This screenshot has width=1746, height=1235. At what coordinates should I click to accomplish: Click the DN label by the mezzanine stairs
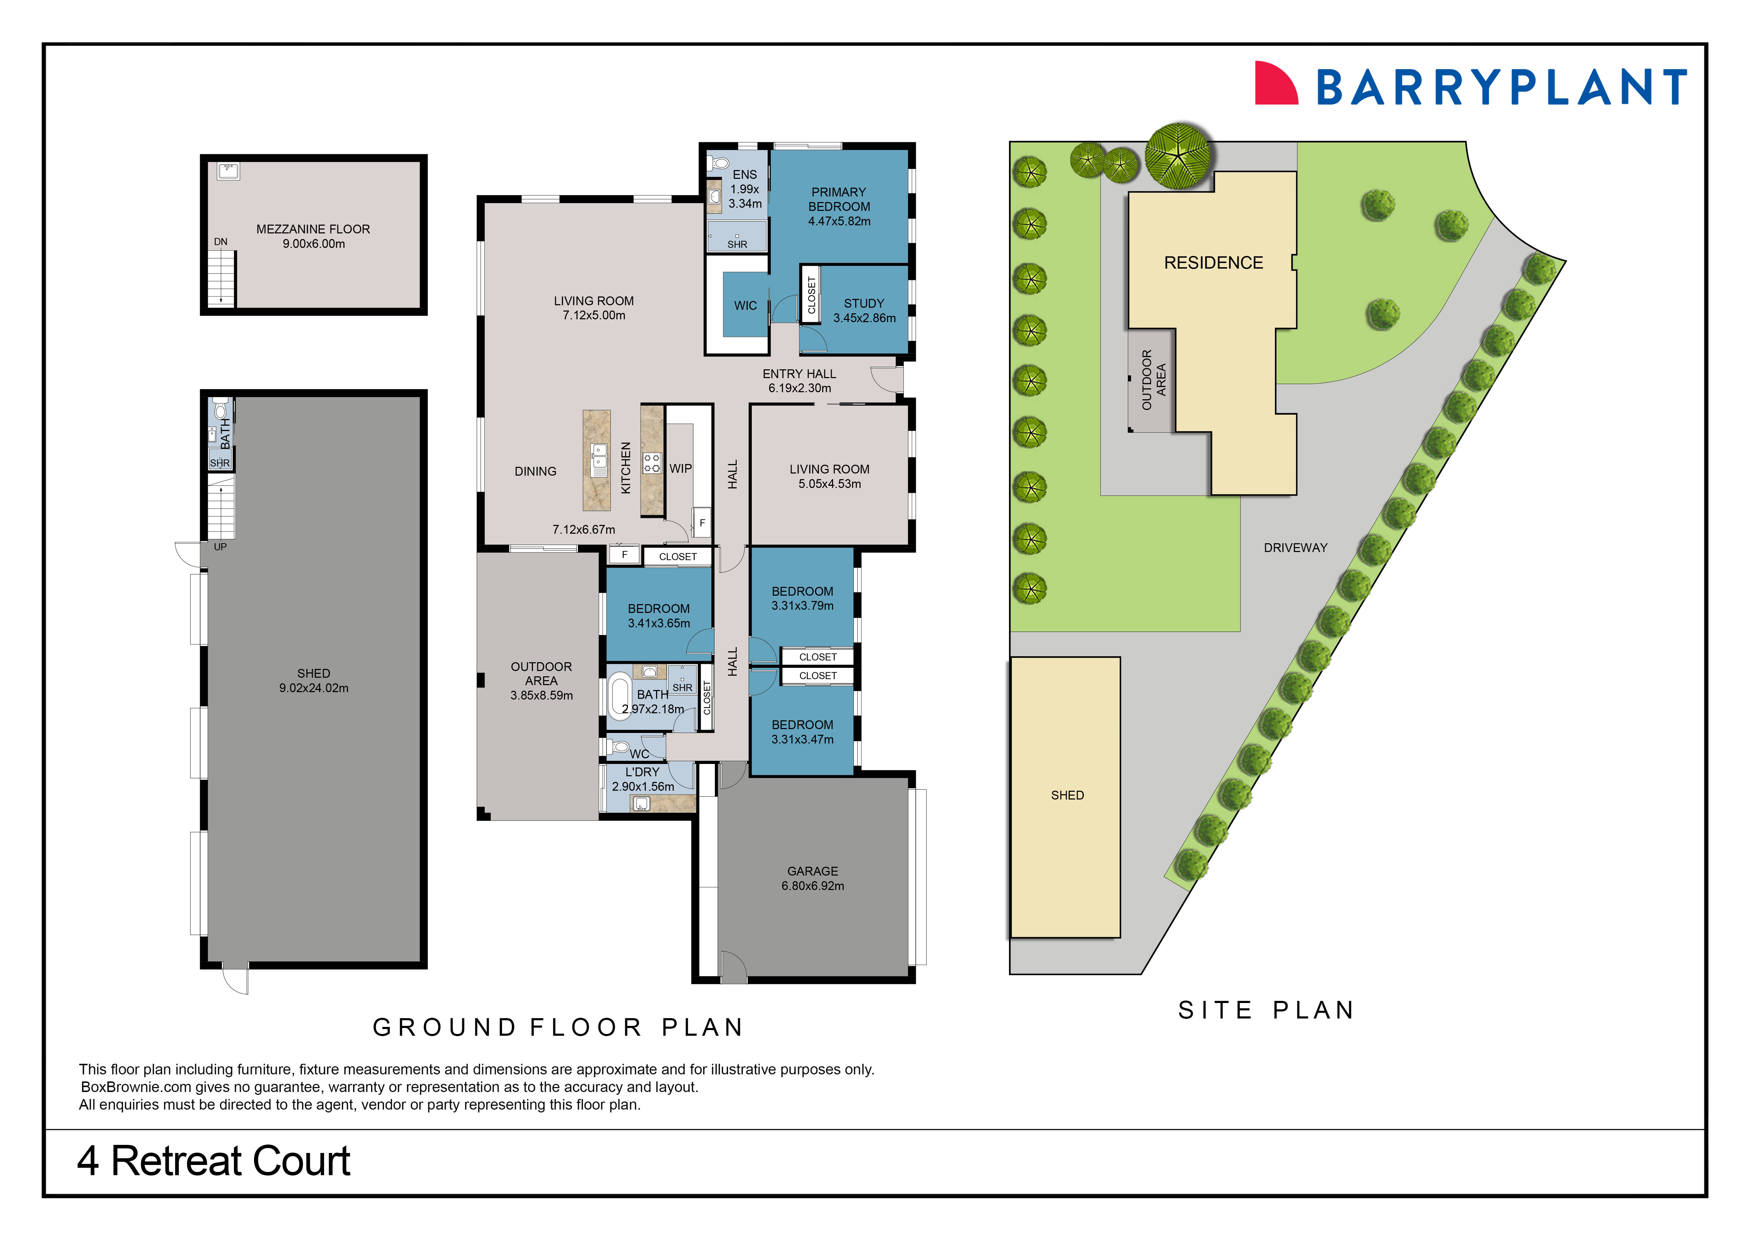click(x=221, y=242)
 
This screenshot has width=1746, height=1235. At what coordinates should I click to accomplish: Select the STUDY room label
click(x=864, y=303)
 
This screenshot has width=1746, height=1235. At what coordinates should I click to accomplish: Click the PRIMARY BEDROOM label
click(x=839, y=199)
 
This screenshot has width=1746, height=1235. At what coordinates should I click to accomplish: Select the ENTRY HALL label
click(x=799, y=374)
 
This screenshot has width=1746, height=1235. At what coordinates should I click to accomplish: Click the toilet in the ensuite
click(x=719, y=163)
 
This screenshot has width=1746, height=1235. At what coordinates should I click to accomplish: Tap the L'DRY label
click(x=643, y=772)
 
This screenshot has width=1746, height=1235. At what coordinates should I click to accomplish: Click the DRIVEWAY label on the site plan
click(x=1295, y=548)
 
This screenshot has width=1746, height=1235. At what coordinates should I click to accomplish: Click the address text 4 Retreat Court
click(x=214, y=1161)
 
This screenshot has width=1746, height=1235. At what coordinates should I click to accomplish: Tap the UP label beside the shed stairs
click(x=220, y=546)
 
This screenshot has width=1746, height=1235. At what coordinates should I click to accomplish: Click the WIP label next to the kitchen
click(x=681, y=469)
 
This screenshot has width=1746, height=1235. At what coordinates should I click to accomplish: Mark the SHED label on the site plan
click(x=1067, y=795)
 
